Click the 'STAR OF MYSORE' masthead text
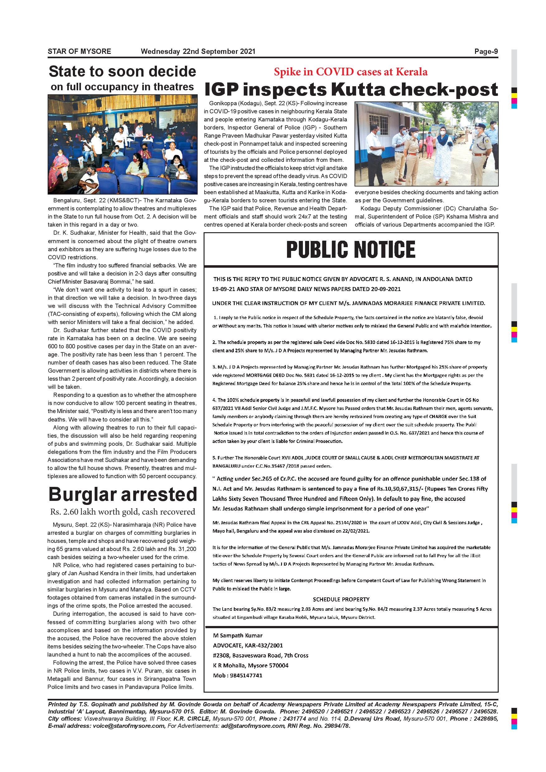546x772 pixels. (79, 51)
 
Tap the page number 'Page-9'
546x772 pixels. (486, 51)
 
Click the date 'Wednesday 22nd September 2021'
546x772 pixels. (198, 51)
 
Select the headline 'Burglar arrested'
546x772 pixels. (122, 495)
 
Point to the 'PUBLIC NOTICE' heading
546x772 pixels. (351, 249)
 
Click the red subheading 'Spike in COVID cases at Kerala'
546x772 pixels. (351, 72)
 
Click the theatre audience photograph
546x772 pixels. (122, 144)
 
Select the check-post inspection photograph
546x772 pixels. (426, 144)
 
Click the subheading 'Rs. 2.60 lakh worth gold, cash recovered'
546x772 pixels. (122, 512)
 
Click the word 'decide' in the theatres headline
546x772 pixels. (168, 72)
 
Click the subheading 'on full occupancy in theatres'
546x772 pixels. (122, 87)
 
